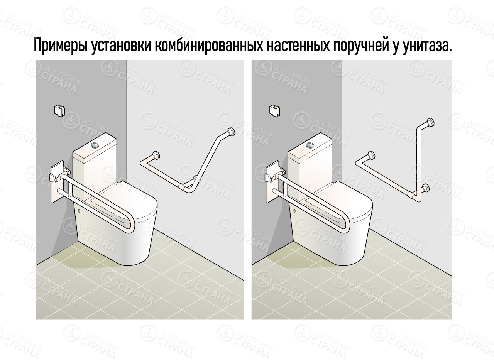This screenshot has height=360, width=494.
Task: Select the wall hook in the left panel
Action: pyautogui.click(x=59, y=110)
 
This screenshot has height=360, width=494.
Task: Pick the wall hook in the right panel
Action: pyautogui.click(x=274, y=110)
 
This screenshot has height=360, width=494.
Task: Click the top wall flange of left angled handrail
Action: pyautogui.click(x=231, y=132)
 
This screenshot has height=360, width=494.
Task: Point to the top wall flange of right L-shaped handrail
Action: pyautogui.click(x=431, y=123)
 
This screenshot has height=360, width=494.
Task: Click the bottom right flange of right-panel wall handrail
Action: pyautogui.click(x=426, y=188)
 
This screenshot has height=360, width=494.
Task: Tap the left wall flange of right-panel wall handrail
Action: pyautogui.click(x=371, y=155)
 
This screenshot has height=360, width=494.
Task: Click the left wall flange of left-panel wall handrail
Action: pyautogui.click(x=156, y=155)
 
